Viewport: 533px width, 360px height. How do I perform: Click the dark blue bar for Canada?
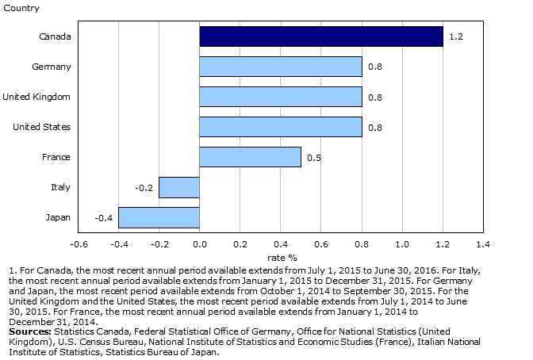pyautogui.click(x=320, y=36)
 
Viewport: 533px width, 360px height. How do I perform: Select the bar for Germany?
pyautogui.click(x=280, y=67)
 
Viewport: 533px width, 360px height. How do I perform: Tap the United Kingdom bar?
pyautogui.click(x=280, y=97)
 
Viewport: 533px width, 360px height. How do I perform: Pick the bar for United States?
pyautogui.click(x=280, y=127)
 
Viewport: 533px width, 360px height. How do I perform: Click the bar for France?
pyautogui.click(x=250, y=157)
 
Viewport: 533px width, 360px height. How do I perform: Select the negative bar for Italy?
pyautogui.click(x=179, y=187)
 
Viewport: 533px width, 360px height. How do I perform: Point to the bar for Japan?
pyautogui.click(x=159, y=217)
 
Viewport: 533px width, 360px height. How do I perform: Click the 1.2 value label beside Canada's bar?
pyautogui.click(x=455, y=36)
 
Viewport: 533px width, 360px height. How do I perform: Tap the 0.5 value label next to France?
pyautogui.click(x=313, y=157)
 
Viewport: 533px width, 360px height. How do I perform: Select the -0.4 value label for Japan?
pyautogui.click(x=103, y=217)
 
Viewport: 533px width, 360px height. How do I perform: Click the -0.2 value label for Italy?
pyautogui.click(x=144, y=187)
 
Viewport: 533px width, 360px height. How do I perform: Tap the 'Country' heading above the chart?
pyautogui.click(x=17, y=8)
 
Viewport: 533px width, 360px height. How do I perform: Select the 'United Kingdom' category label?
pyautogui.click(x=36, y=97)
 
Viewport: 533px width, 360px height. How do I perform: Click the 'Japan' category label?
pyautogui.click(x=58, y=217)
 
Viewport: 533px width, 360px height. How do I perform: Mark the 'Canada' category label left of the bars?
pyautogui.click(x=55, y=36)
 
